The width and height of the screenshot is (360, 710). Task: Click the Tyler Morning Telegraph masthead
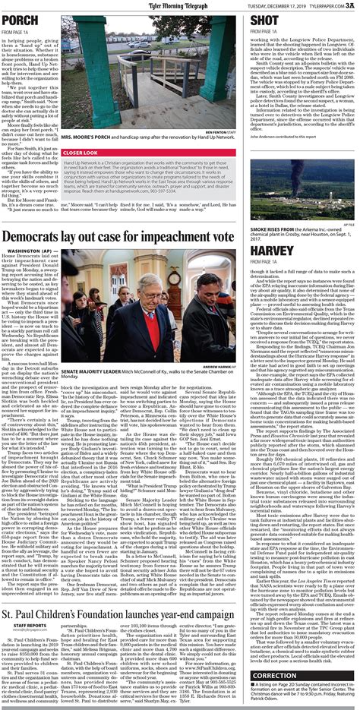pos(179,5)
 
